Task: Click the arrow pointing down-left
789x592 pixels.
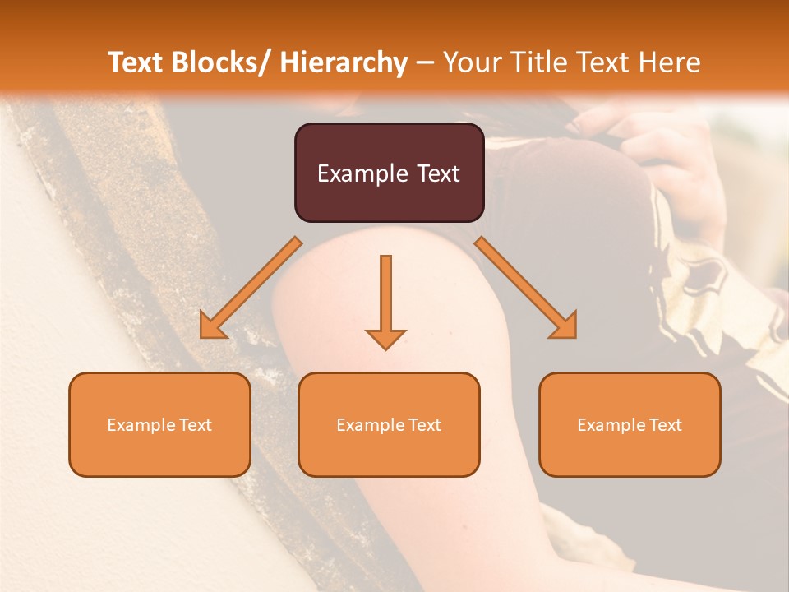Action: coord(251,288)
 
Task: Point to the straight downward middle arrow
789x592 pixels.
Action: coord(385,301)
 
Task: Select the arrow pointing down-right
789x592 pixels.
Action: coord(525,288)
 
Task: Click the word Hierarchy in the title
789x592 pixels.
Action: coord(344,62)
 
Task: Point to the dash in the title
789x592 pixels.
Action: coord(425,63)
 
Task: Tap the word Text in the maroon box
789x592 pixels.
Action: coord(437,173)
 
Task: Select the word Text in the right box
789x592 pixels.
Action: coord(666,425)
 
